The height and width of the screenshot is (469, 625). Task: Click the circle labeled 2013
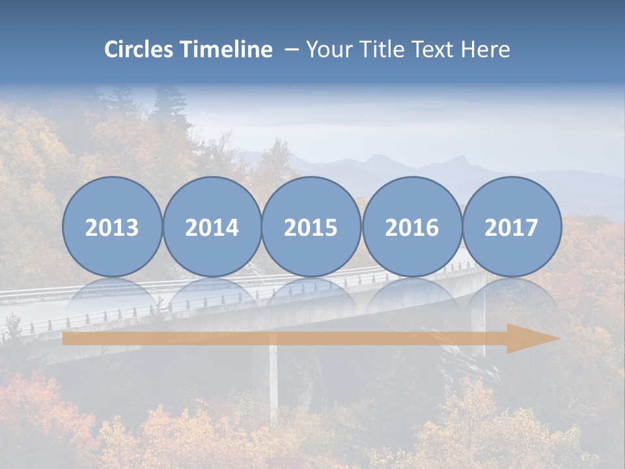pos(112,227)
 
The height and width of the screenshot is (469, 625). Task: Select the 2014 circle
pos(212,227)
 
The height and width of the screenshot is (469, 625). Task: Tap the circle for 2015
pos(311,227)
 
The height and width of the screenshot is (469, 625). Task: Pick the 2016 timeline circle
pos(411,227)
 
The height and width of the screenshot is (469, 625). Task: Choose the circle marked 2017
pos(512,227)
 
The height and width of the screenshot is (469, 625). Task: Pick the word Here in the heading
pos(485,50)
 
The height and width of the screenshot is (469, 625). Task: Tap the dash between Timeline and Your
pos(291,50)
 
